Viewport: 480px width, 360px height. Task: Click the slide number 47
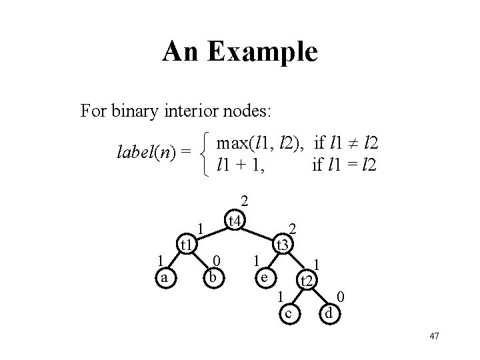tap(433, 335)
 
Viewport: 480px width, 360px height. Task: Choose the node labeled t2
tap(306, 281)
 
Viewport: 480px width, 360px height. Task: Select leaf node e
tap(265, 277)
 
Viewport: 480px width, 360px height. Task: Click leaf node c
tap(289, 312)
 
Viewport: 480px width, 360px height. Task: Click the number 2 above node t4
tap(245, 200)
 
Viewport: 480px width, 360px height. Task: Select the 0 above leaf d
tap(341, 296)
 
